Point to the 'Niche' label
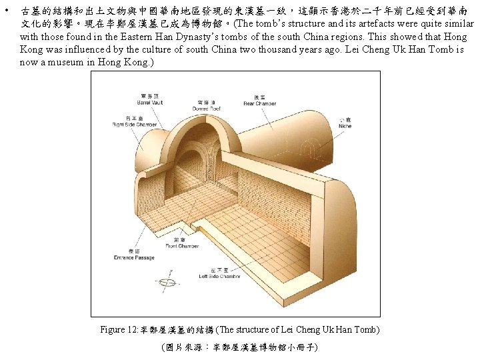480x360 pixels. tap(345, 127)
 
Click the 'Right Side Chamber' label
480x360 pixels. tap(135, 125)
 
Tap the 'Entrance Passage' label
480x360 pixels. tap(134, 257)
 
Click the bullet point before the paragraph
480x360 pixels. tap(6, 11)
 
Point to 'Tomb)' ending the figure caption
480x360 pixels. tap(365, 330)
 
